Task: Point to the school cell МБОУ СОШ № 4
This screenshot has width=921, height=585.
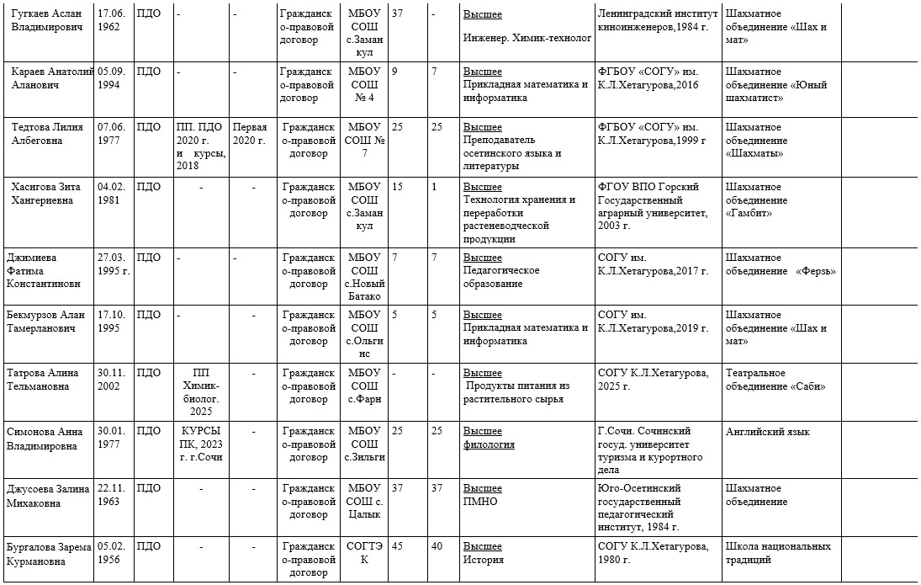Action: (363, 84)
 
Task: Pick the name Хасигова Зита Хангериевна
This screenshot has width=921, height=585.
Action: (48, 194)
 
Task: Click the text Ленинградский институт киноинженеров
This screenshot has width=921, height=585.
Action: (657, 20)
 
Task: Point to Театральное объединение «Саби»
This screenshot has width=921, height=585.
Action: (775, 380)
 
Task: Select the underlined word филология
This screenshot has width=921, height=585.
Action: (489, 444)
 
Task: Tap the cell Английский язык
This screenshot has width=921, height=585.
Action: (768, 432)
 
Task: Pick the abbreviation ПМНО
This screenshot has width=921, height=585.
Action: (480, 502)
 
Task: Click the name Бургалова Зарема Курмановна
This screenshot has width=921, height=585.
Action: (49, 553)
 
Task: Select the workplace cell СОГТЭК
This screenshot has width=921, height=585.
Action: (363, 553)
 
